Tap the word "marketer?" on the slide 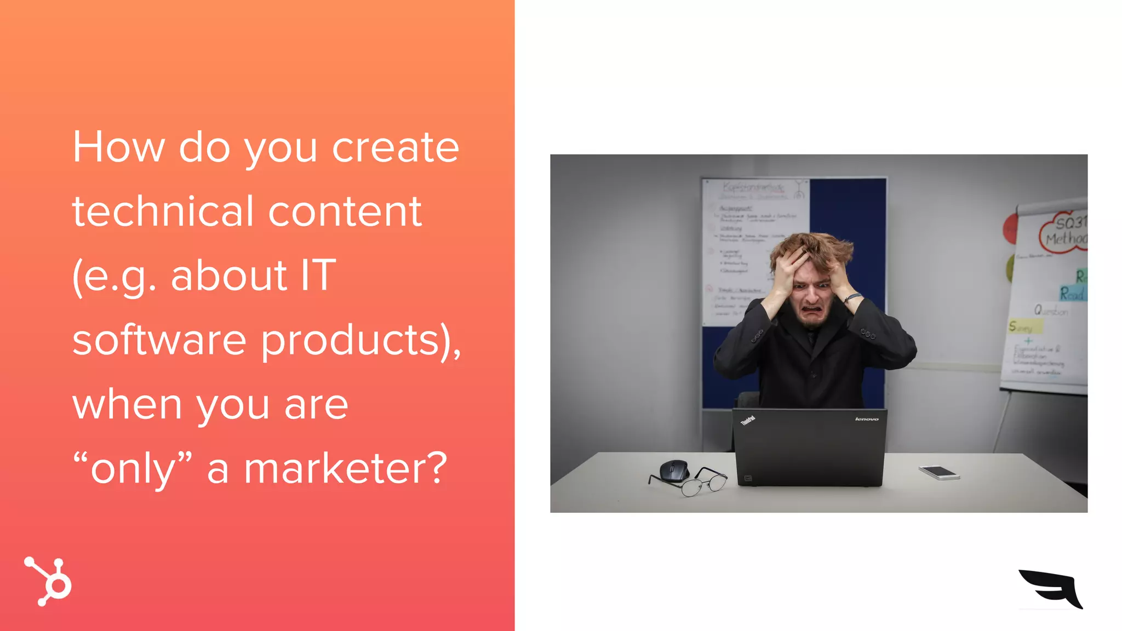(346, 469)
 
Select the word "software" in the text (159, 340)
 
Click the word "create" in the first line (396, 147)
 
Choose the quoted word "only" (133, 469)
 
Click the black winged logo (1051, 589)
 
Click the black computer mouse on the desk (674, 471)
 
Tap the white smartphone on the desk (939, 472)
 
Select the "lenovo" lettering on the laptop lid (867, 419)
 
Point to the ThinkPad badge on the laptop (748, 421)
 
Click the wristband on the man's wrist (852, 297)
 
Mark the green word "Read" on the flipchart (1072, 294)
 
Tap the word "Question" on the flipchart (1051, 311)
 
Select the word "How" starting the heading (119, 147)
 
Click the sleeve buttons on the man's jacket (867, 333)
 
